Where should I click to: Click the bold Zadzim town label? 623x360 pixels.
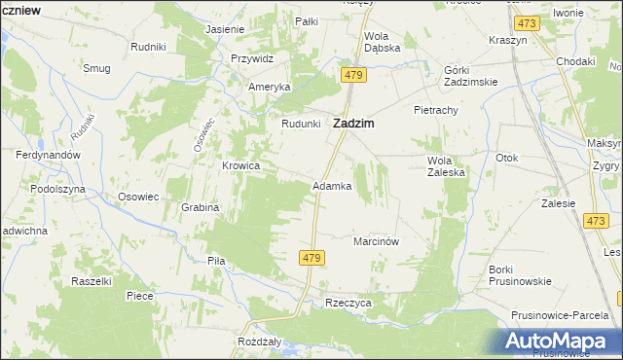click(355, 124)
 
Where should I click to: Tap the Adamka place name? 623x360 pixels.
click(331, 185)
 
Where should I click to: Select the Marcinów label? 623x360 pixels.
click(378, 240)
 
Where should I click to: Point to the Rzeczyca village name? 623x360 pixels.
click(348, 303)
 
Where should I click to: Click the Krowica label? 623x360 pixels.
click(240, 165)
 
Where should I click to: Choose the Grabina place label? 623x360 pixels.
click(200, 207)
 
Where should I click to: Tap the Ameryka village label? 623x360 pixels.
click(270, 87)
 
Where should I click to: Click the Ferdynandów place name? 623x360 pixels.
click(47, 155)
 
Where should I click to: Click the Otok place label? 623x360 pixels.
click(506, 158)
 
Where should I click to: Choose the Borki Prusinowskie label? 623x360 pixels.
click(521, 274)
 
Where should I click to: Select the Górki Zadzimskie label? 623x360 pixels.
click(470, 76)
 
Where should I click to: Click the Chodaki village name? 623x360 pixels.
click(575, 61)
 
